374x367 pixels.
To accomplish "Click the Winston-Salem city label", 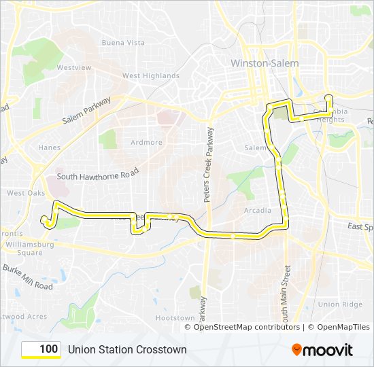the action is (264, 63).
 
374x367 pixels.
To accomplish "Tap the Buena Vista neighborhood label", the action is (123, 42).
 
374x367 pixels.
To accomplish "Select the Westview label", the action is (74, 68).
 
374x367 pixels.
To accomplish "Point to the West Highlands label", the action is (151, 76).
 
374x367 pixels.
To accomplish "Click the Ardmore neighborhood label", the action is (147, 143).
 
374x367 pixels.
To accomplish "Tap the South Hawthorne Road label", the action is (98, 176).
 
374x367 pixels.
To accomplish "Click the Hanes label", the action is (49, 147).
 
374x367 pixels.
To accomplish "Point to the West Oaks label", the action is (26, 193).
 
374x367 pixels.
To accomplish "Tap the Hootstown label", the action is (175, 317).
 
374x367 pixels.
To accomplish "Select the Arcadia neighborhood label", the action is (258, 211).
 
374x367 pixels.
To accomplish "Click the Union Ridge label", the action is (340, 304).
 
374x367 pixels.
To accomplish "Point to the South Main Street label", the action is (287, 293).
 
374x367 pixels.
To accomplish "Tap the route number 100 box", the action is (41, 349).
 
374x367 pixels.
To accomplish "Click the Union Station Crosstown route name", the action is (127, 349).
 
